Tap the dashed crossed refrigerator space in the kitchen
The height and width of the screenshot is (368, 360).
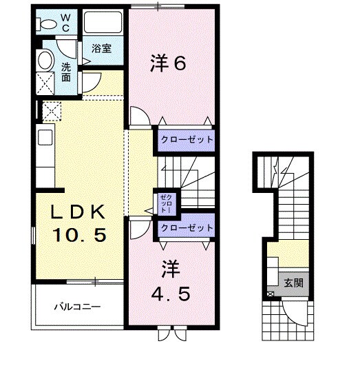(x=52, y=111)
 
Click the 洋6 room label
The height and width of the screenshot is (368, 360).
(x=169, y=63)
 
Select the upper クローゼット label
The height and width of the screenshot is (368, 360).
(x=187, y=139)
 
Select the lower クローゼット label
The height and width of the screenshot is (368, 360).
(x=187, y=227)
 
